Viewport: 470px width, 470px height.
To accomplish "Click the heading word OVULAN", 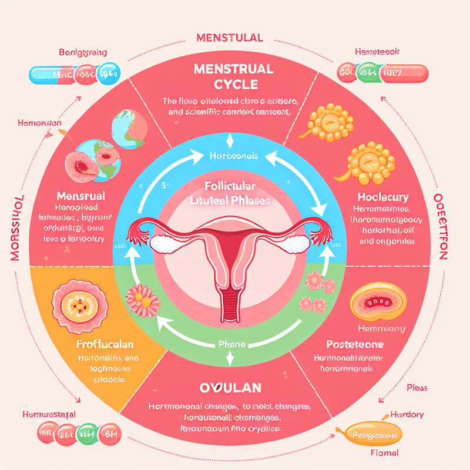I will point(235,390).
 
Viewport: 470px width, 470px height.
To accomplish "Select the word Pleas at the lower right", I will point(417,388).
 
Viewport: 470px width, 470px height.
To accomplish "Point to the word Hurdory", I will point(405,415).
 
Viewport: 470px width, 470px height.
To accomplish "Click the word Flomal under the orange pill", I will point(384,453).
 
